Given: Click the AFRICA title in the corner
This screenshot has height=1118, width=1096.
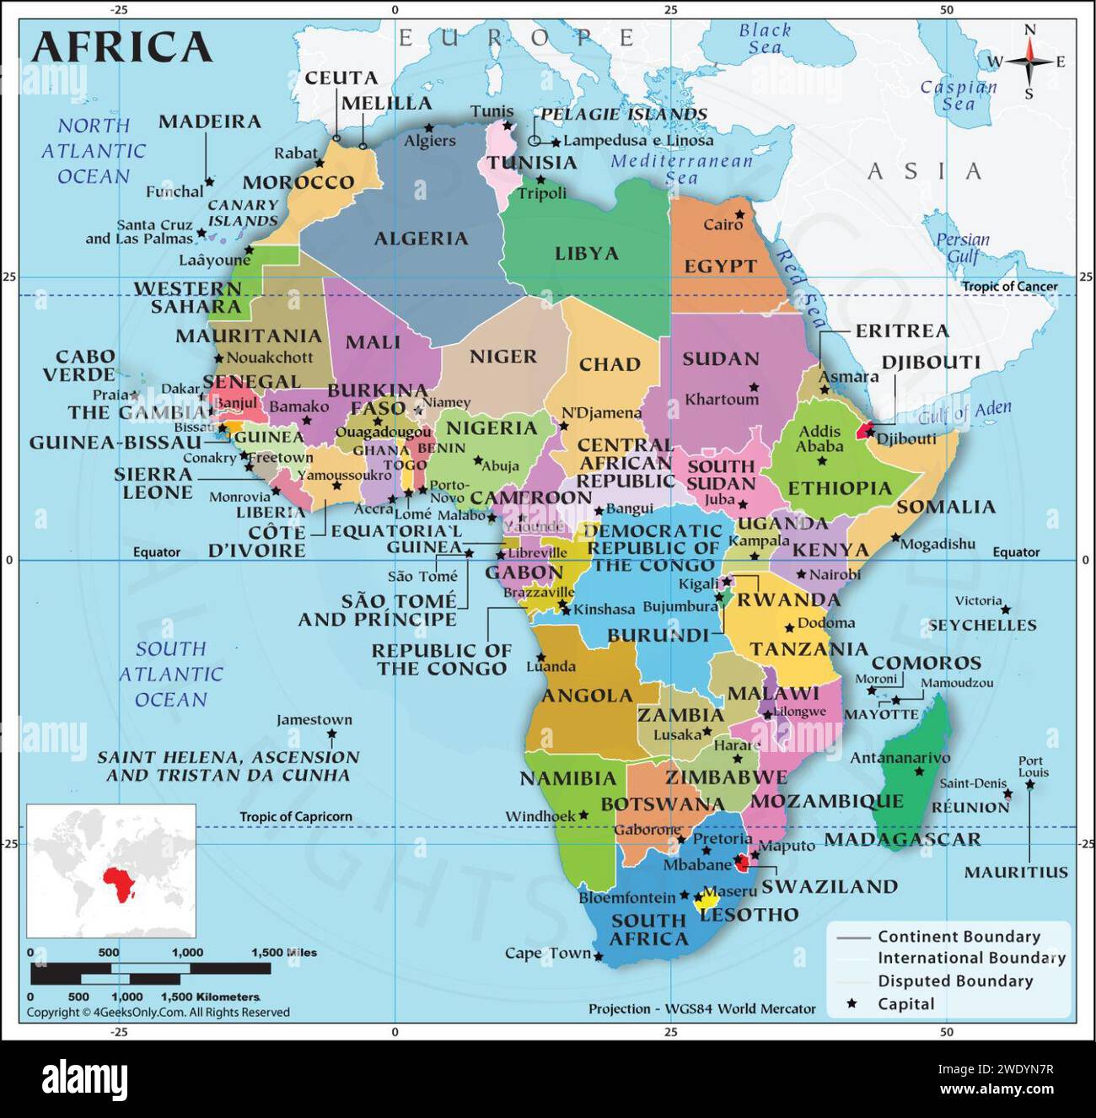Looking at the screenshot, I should click(121, 46).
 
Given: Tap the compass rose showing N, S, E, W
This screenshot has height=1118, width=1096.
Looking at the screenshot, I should click(1029, 62).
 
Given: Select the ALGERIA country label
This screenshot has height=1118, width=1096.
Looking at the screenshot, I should click(421, 239).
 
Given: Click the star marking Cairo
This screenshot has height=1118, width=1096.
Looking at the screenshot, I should click(739, 214).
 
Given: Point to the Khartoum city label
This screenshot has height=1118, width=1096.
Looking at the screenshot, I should click(722, 399).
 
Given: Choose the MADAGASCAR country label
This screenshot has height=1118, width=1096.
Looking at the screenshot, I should click(902, 839).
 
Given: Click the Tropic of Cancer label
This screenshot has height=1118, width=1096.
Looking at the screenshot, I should click(1009, 287).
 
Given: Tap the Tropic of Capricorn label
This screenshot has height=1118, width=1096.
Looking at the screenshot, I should click(295, 816).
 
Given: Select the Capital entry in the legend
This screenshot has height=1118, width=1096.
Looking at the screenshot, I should click(905, 1003).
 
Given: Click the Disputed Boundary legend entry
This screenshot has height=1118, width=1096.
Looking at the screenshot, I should click(954, 981).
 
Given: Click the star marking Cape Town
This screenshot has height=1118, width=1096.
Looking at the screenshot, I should click(599, 956).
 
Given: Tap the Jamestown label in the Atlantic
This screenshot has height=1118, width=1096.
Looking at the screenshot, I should click(314, 719).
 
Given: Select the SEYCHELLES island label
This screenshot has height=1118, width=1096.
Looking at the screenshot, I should click(981, 625).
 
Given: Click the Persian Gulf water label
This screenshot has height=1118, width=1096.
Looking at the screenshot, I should click(962, 248).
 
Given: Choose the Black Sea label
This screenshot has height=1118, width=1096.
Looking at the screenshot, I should click(765, 39).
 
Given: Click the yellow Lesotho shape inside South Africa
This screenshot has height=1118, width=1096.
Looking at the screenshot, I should click(706, 901).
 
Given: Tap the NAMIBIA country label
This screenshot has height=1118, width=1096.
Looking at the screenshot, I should click(567, 778).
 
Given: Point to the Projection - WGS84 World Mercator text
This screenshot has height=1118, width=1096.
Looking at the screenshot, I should click(701, 1008).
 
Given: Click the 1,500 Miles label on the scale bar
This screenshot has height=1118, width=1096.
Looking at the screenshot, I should click(284, 952).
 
